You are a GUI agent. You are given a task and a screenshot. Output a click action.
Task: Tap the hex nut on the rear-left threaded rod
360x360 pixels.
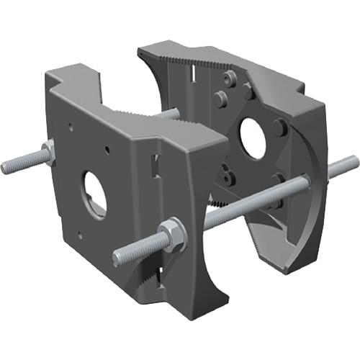pyautogui.click(x=48, y=152)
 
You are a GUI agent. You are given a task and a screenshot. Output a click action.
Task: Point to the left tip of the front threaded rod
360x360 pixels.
pyautogui.click(x=117, y=257)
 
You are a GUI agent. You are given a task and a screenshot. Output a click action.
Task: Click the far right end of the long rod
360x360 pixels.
pyautogui.click(x=354, y=161)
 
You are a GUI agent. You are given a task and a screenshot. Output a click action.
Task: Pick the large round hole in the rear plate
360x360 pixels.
pyautogui.click(x=253, y=138)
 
